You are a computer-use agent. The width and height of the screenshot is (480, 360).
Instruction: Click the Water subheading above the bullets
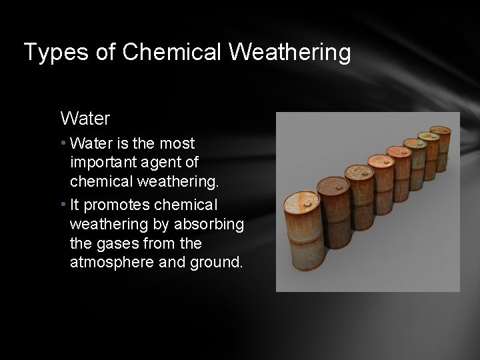click(x=85, y=119)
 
